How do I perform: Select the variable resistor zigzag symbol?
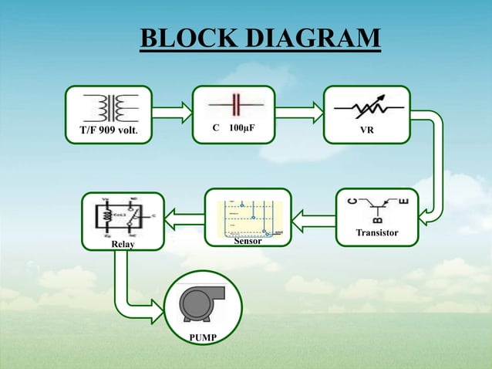(367, 107)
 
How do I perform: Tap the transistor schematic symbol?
(378, 207)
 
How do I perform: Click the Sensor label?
(248, 242)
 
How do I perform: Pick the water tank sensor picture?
(248, 218)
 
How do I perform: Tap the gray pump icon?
(201, 304)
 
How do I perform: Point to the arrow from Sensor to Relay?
(184, 223)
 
